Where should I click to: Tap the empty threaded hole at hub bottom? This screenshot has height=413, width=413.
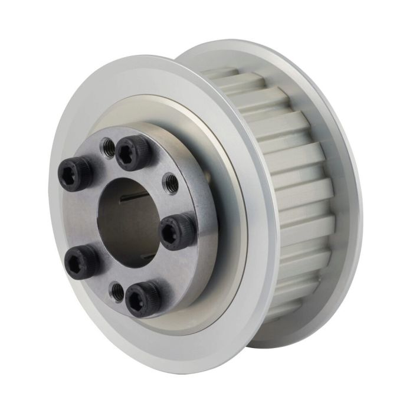118,290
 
